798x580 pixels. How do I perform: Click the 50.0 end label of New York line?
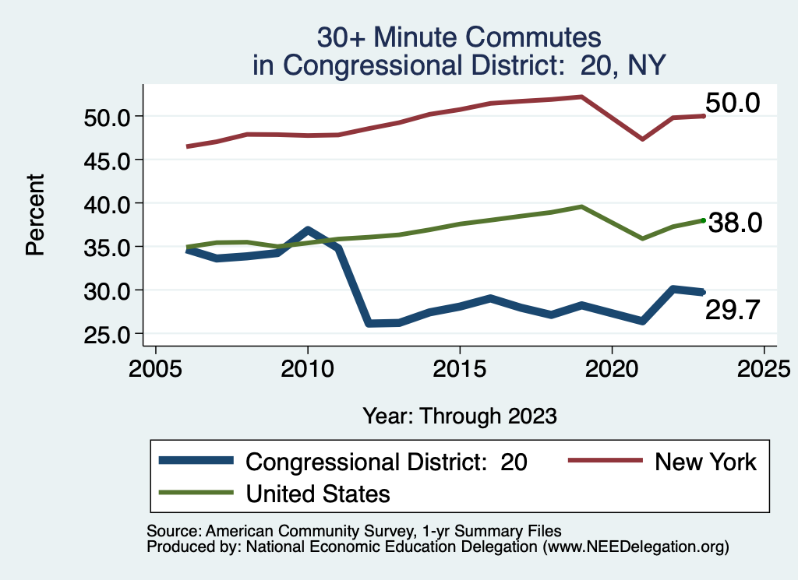click(732, 103)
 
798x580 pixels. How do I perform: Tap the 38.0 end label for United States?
click(732, 223)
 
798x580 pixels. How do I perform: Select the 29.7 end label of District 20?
click(732, 311)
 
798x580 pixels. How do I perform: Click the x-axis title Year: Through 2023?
click(460, 416)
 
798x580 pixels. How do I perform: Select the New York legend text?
click(705, 462)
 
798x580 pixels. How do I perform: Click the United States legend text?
click(318, 493)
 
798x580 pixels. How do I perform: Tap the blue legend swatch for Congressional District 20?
click(196, 462)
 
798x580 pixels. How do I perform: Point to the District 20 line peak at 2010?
click(308, 230)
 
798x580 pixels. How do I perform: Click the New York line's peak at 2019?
click(581, 97)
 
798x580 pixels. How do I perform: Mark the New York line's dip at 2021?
click(642, 139)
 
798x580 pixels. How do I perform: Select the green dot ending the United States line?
click(703, 220)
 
